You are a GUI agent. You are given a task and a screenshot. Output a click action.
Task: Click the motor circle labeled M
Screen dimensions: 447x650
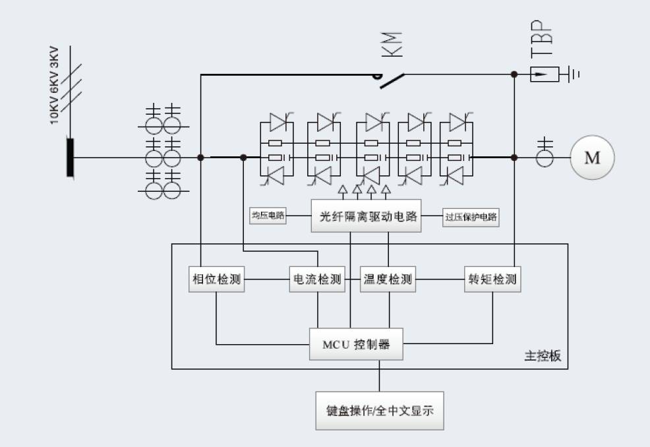pyautogui.click(x=593, y=158)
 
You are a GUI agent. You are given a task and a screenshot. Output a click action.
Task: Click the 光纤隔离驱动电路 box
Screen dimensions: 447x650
pyautogui.click(x=366, y=216)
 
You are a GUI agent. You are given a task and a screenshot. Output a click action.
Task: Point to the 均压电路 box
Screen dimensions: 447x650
pyautogui.click(x=268, y=216)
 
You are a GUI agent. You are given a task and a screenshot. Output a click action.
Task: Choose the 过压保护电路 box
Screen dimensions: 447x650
pyautogui.click(x=470, y=216)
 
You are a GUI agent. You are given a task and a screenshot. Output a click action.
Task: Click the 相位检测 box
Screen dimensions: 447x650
pyautogui.click(x=216, y=280)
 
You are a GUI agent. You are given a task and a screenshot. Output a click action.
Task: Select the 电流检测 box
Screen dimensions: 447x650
pyautogui.click(x=318, y=280)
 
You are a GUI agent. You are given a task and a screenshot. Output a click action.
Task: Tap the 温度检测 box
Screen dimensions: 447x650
pyautogui.click(x=388, y=280)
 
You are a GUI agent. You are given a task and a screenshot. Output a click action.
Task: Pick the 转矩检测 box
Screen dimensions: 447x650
pyautogui.click(x=492, y=280)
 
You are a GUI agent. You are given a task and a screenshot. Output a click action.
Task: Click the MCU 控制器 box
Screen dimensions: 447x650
pyautogui.click(x=356, y=344)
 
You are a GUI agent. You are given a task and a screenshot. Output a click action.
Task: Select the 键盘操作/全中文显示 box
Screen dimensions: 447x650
pyautogui.click(x=379, y=411)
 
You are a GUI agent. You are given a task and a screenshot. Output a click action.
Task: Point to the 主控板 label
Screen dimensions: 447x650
pyautogui.click(x=543, y=356)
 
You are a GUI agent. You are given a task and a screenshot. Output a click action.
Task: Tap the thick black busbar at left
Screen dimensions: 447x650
pyautogui.click(x=70, y=157)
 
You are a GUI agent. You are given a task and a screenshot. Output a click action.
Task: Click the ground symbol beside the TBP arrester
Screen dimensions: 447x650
pyautogui.click(x=575, y=74)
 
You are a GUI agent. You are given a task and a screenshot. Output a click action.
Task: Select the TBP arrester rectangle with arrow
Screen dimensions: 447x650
pyautogui.click(x=545, y=74)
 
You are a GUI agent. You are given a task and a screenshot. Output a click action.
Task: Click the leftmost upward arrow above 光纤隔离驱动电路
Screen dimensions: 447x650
pyautogui.click(x=342, y=191)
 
